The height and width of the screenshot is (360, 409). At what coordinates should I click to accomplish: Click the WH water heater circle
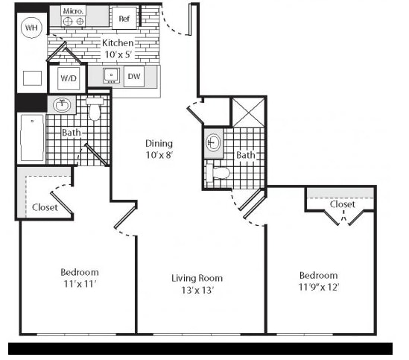pos(31,28)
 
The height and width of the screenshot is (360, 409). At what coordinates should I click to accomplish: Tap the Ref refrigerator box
pos(124,18)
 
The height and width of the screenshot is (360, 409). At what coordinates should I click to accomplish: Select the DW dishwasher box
pos(134,76)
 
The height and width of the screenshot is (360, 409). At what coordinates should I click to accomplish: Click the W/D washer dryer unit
pos(69,78)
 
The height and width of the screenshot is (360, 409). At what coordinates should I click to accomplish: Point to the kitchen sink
pos(112,75)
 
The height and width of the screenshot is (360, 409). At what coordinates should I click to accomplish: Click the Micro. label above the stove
pos(73,11)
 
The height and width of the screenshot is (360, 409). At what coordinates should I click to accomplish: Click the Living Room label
pos(197,278)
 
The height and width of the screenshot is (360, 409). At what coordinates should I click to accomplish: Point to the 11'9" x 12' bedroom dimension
pos(319,287)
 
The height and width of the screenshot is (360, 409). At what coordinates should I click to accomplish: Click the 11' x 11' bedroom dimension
pos(80,284)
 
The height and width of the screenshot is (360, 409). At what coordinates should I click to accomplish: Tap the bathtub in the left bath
pos(32,138)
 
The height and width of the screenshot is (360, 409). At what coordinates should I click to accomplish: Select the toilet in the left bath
pos(95,109)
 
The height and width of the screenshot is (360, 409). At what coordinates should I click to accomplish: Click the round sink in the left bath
pos(62,105)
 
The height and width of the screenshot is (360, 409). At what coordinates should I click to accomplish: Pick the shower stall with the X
pos(248,113)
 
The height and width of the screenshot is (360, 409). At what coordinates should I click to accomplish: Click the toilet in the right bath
pos(218,172)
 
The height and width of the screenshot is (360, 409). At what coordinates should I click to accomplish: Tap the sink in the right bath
pos(213,142)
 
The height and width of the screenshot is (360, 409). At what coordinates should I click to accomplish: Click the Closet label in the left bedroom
pos(45,207)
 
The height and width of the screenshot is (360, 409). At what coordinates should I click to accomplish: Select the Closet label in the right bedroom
pos(343,204)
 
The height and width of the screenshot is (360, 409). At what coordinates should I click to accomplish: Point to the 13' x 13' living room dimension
pos(197,290)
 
